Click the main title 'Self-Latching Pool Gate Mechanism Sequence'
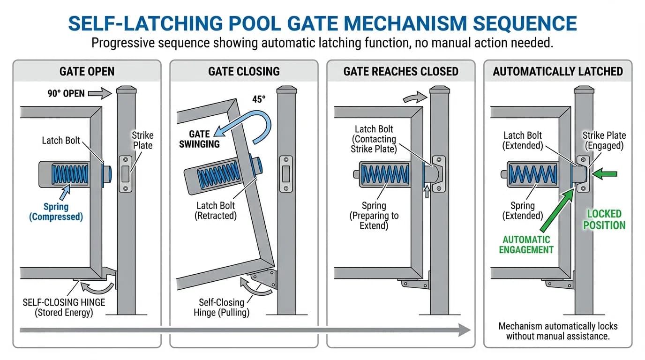coord(322,23)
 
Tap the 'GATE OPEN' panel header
coord(87,71)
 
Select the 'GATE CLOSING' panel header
coord(244,71)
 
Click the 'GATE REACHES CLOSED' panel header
coord(401,71)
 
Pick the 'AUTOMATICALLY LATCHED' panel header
coord(558,71)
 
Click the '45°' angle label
coord(258,99)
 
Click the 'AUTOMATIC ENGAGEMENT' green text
coord(526,245)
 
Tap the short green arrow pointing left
coord(604,174)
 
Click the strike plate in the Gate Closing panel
coord(285,173)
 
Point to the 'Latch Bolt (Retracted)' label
coord(215,210)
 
